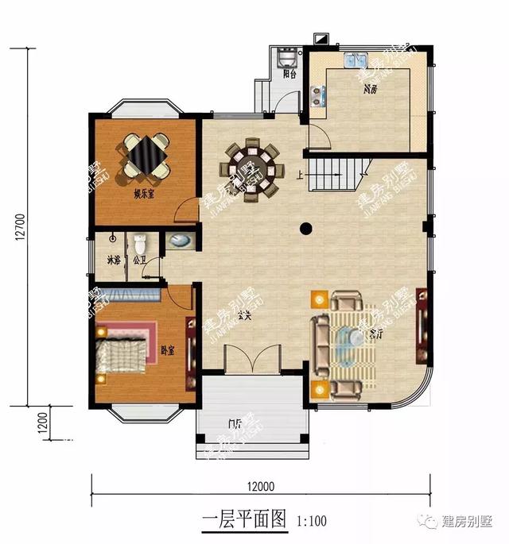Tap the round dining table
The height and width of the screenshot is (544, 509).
(x=253, y=167)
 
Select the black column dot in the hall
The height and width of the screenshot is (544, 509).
(x=305, y=230)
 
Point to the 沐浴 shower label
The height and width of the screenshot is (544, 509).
(x=113, y=260)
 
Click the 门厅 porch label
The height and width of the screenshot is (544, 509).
(x=235, y=422)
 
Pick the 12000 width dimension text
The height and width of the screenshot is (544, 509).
(x=260, y=487)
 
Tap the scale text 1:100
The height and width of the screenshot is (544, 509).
(x=311, y=522)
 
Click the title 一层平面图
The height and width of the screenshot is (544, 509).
(x=243, y=520)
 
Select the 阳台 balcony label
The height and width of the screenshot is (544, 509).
(x=289, y=74)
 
